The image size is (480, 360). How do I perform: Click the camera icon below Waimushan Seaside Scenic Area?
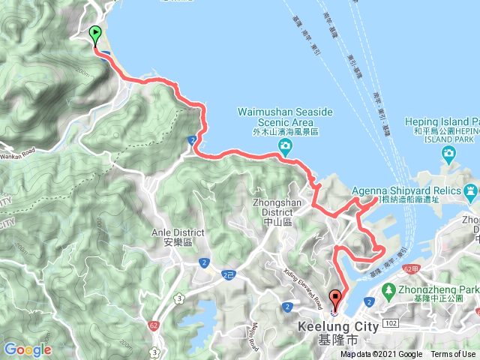(x=285, y=146)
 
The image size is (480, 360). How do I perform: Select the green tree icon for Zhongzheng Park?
(x=388, y=288)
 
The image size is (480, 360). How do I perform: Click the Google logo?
(x=27, y=349)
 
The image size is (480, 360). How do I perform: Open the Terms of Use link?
(x=452, y=355)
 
